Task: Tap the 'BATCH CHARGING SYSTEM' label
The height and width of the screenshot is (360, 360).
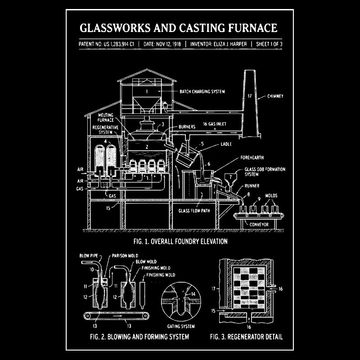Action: tap(202, 92)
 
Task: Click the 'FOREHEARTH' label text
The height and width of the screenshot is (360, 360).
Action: tap(252, 157)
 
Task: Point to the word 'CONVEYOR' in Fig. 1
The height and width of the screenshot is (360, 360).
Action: tap(259, 225)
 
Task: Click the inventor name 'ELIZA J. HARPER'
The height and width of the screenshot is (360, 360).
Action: tap(230, 44)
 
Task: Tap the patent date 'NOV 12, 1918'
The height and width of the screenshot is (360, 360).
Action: tap(168, 44)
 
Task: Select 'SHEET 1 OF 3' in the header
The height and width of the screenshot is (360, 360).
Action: tap(269, 44)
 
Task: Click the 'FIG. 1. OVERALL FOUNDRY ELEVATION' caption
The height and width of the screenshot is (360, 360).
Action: tap(180, 242)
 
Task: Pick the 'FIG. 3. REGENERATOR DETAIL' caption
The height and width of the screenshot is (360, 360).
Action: tap(246, 337)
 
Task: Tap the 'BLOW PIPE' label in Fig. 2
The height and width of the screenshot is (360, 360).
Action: tap(89, 256)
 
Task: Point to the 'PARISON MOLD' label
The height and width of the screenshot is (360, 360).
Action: tap(125, 256)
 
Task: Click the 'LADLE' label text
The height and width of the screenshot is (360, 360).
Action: tap(226, 144)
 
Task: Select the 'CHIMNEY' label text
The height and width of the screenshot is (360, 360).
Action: tap(275, 96)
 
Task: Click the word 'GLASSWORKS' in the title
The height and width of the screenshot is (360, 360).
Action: tap(115, 28)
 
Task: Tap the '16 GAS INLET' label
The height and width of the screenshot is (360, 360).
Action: tap(215, 124)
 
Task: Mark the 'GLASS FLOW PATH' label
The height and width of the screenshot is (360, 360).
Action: tap(194, 211)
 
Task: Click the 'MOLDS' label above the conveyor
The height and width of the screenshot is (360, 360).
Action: tap(271, 196)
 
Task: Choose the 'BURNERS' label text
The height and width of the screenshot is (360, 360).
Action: tap(187, 127)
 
